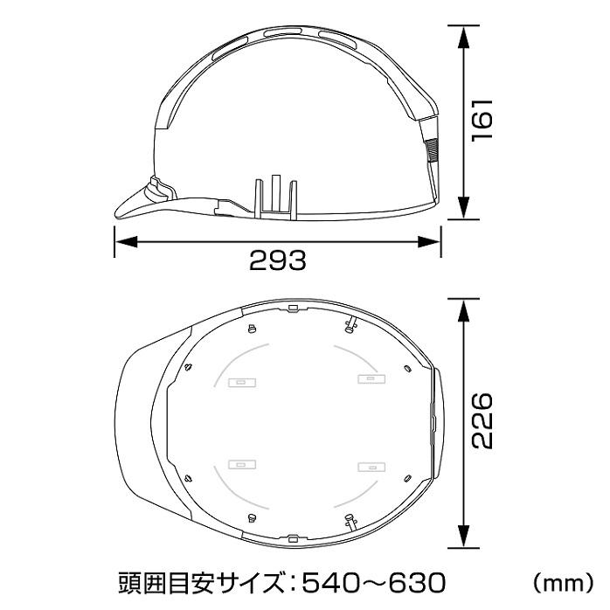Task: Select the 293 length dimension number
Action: click(277, 260)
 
